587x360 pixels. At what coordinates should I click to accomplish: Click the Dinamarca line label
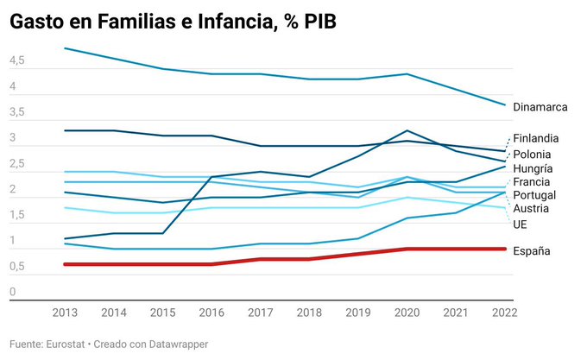[x=540, y=107]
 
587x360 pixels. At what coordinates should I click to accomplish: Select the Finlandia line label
[x=535, y=138]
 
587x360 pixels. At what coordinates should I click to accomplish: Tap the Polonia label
[x=532, y=154]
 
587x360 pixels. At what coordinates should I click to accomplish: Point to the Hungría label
[x=533, y=168]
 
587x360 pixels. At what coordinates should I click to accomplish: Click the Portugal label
[x=533, y=196]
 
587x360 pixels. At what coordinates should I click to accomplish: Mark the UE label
[x=520, y=224]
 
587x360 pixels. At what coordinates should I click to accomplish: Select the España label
[x=532, y=250]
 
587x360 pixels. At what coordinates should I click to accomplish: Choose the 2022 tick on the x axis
[x=503, y=311]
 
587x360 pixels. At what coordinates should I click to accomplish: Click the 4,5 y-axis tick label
[x=17, y=62]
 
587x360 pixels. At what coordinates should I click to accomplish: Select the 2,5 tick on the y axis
[x=17, y=164]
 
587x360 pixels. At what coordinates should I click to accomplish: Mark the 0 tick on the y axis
[x=13, y=292]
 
